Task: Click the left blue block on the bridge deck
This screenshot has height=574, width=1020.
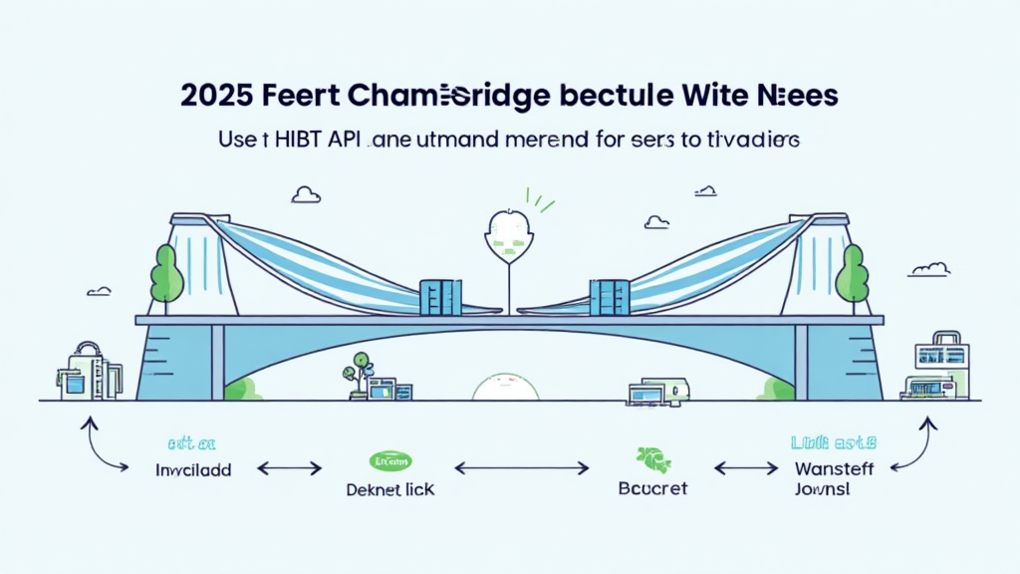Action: tap(439, 296)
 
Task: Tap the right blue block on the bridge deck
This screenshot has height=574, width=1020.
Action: tap(610, 296)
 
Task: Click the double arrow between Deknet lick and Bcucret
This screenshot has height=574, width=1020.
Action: tap(521, 466)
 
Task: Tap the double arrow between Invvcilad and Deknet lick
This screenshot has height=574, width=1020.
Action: tap(289, 466)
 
